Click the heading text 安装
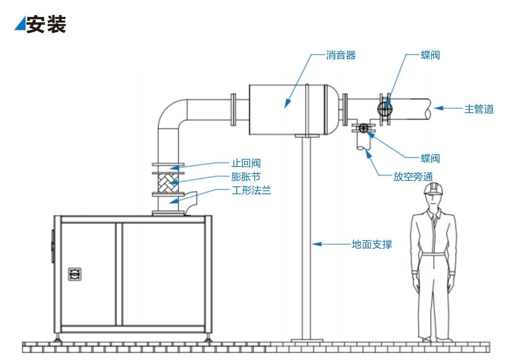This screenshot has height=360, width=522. point(46,25)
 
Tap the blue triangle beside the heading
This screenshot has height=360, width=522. point(21,24)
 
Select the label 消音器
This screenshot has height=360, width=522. point(341,55)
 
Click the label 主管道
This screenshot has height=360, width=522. point(479,109)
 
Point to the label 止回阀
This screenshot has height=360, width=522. point(246,163)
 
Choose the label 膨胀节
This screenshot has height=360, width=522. point(246,177)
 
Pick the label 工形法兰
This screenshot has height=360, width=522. point(251,190)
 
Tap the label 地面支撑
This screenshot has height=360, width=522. point(372,244)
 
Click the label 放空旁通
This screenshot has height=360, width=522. point(413,176)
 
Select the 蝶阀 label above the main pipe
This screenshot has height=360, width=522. point(430,55)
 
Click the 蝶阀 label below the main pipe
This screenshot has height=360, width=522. point(430,158)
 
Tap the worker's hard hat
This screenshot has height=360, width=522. point(433,189)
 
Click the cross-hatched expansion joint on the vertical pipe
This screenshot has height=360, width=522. point(168,183)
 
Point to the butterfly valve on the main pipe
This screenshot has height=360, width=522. point(385,108)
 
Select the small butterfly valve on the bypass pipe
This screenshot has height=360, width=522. point(364,128)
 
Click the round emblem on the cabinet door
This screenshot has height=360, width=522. point(75,274)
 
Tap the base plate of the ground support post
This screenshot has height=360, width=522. point(307,340)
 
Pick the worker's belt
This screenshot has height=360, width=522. point(433,254)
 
